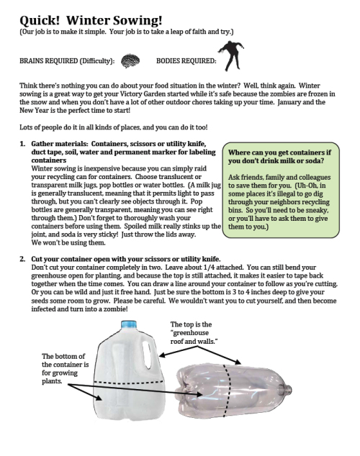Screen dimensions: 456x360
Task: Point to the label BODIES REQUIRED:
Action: (x=181, y=63)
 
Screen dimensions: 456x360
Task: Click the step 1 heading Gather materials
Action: (x=115, y=153)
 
